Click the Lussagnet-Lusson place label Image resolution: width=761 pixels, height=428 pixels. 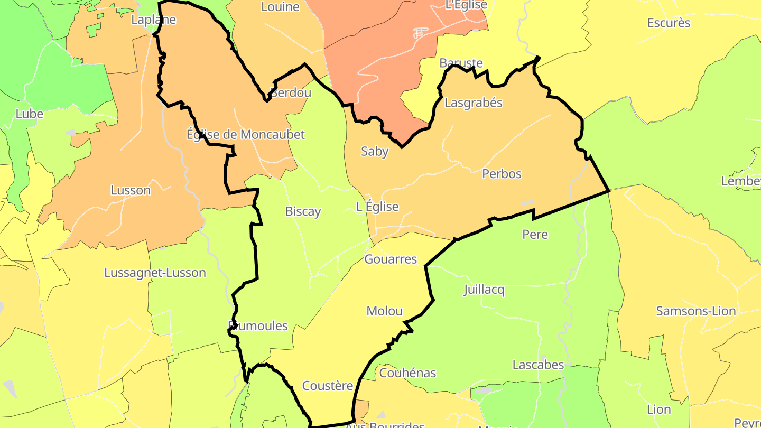point(155,273)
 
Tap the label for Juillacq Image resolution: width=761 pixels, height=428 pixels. point(484,290)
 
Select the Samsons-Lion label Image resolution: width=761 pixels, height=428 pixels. point(695,311)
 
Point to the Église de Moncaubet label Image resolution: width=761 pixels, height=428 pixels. point(246,134)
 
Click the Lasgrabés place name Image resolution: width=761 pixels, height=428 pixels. point(473,103)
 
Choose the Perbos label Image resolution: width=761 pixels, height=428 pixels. point(502,173)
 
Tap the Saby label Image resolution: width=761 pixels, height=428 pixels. point(374,151)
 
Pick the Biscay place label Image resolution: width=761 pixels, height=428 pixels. point(303,211)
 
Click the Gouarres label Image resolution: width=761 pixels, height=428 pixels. point(391,259)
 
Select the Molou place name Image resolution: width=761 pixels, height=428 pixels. point(384,311)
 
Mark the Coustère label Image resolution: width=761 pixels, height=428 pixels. point(327,386)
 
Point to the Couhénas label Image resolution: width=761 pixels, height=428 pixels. point(407,373)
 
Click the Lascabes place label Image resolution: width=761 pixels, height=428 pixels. point(538,365)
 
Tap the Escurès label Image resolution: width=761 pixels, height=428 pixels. point(669,23)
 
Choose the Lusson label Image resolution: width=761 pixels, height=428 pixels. point(131,190)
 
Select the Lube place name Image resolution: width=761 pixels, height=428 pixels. point(29,114)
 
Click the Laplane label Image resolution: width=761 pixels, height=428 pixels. point(153,20)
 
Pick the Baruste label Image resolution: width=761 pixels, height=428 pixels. point(461,63)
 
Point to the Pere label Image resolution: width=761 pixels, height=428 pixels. point(535,234)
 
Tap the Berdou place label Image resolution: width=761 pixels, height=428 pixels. point(291,92)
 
